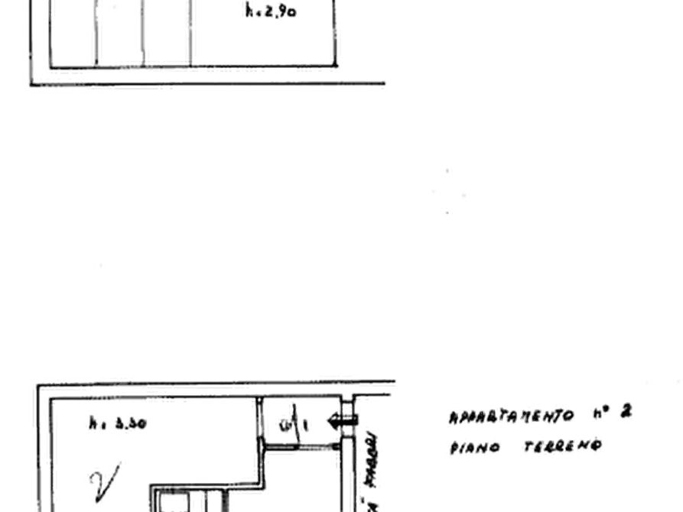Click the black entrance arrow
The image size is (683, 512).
pyautogui.click(x=337, y=419)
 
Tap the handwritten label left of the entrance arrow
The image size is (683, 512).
pyautogui.click(x=295, y=420)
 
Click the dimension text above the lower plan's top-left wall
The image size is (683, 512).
pyautogui.click(x=115, y=377)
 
